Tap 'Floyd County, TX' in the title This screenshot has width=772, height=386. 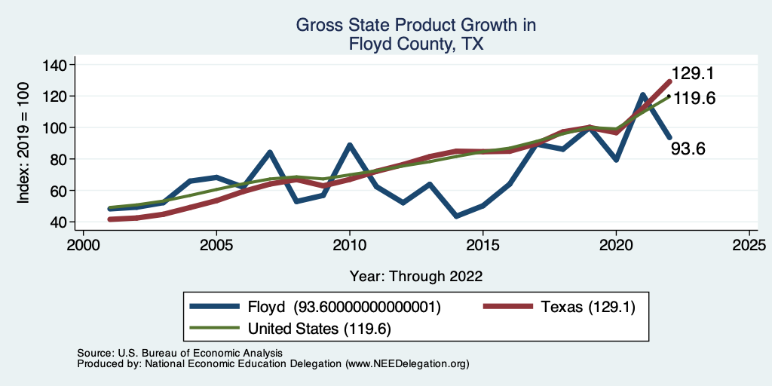(415, 44)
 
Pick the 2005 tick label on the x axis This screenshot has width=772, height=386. (216, 246)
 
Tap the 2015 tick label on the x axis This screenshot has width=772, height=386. (482, 246)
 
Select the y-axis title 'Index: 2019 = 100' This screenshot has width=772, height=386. (24, 143)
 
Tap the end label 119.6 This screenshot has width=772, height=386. (694, 99)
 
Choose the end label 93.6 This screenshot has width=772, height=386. (688, 149)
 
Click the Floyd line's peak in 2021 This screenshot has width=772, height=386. (643, 95)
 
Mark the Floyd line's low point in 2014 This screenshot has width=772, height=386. (456, 216)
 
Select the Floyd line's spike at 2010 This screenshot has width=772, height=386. (350, 145)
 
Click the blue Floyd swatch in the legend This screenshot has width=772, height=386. (214, 307)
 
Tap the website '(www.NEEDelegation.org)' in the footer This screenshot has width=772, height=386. (407, 364)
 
